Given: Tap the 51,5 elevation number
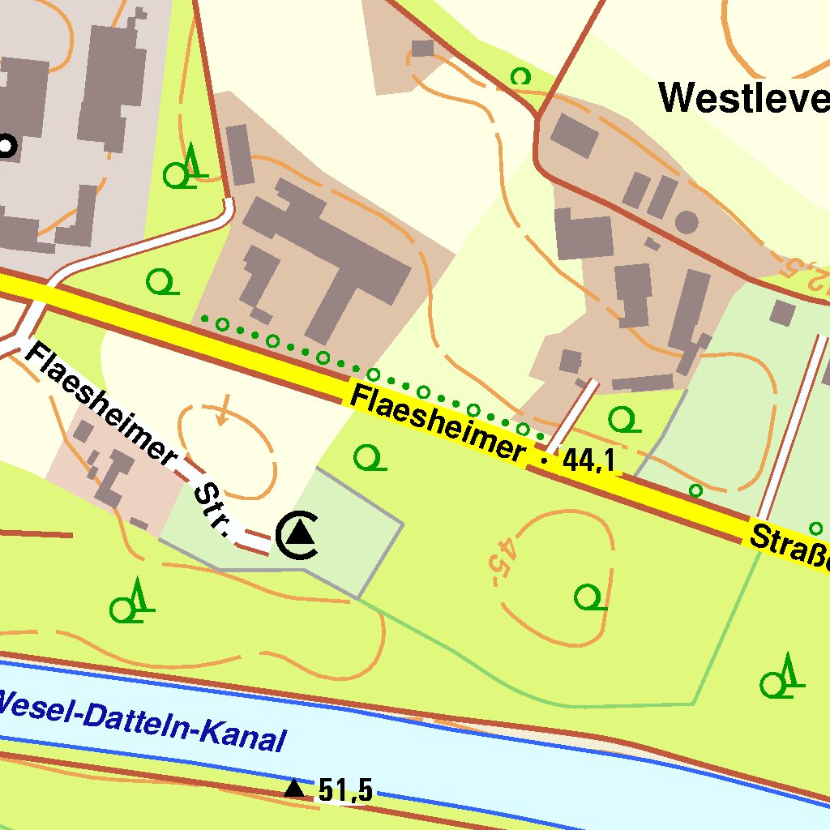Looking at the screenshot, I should tap(345, 789).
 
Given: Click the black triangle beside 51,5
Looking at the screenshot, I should tap(295, 788).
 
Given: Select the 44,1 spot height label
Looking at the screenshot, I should tap(588, 461).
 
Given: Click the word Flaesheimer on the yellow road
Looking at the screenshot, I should tap(437, 422).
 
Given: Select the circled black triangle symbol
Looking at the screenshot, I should tap(299, 534).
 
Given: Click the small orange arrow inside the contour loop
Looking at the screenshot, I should tap(223, 411).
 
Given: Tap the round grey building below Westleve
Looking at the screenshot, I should tap(687, 221).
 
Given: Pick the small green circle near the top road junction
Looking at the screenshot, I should tap(520, 76).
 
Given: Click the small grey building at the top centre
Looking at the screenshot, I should tap(422, 49).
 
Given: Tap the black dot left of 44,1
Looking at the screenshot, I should tap(543, 460).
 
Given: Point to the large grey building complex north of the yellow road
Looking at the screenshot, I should tap(324, 259).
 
